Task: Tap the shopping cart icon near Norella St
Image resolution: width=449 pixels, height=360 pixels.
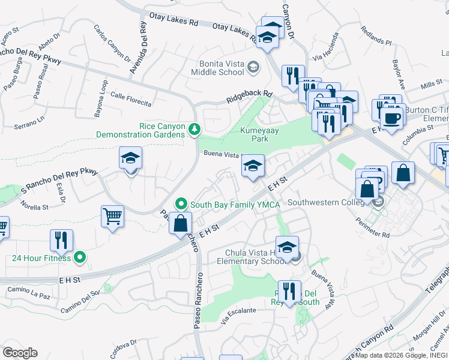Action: pos(113,216)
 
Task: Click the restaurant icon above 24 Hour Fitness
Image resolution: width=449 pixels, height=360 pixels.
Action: pos(61,241)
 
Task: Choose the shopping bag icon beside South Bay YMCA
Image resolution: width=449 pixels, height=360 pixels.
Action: pos(180,223)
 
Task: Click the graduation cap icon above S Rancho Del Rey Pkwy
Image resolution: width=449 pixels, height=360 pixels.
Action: pos(130,158)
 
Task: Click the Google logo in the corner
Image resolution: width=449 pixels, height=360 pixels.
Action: pos(20,352)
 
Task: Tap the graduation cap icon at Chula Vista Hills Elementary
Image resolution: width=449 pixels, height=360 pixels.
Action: pos(288,248)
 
